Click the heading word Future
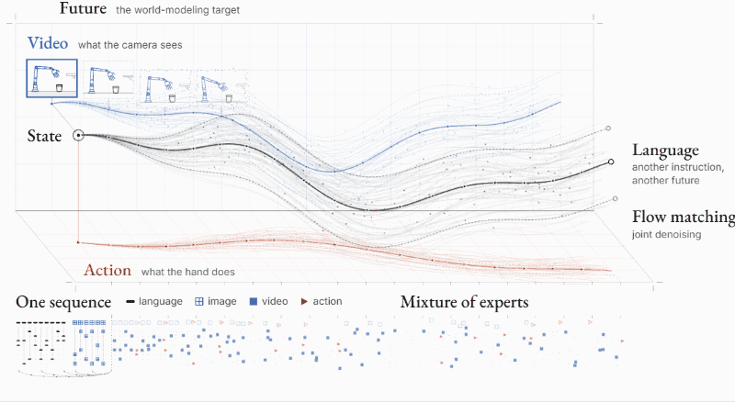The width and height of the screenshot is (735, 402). (83, 8)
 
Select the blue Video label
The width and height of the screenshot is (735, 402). (48, 43)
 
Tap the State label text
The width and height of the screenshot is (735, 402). (44, 136)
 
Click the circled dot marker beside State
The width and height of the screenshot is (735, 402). (78, 136)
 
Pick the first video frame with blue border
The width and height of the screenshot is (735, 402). (51, 78)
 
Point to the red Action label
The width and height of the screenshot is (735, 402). (107, 271)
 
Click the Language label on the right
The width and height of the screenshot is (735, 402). (665, 151)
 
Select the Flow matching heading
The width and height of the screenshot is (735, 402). (684, 217)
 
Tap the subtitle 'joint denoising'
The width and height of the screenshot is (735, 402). (666, 234)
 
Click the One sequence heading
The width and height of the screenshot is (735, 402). (63, 302)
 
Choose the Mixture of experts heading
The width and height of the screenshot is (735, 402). (464, 302)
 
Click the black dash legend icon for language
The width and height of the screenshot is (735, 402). (130, 302)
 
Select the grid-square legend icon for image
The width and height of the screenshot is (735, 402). (198, 302)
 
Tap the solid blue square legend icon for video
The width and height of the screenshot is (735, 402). (254, 302)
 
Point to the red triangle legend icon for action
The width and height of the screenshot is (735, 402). (304, 302)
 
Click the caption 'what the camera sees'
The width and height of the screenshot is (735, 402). (130, 45)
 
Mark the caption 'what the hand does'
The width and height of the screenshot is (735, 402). (188, 272)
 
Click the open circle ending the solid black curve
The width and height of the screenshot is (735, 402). (611, 162)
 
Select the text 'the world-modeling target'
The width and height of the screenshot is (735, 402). (177, 10)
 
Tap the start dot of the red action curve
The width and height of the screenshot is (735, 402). (78, 242)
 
